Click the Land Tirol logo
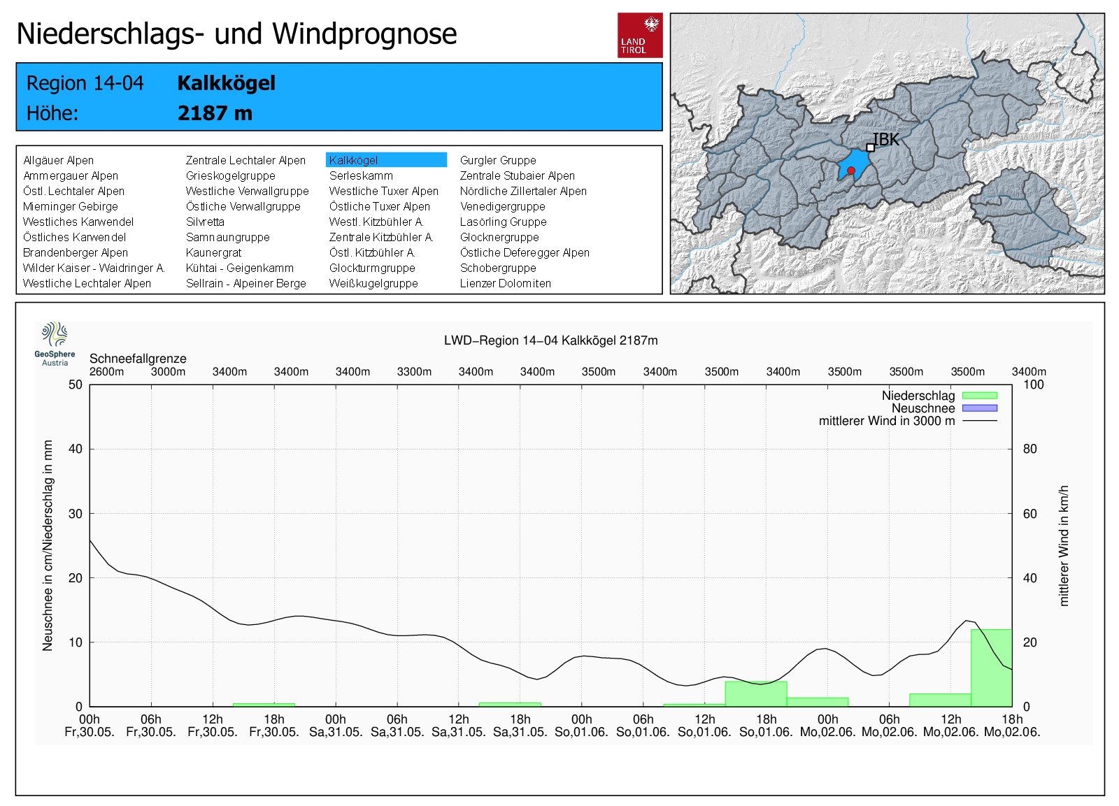tap(640, 35)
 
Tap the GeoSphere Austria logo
tap(55, 343)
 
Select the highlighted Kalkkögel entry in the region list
tap(386, 160)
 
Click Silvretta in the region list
tap(205, 222)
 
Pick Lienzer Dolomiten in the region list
tap(505, 283)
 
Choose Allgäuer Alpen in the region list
tap(58, 160)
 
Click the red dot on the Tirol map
tap(851, 171)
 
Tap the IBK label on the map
tap(886, 140)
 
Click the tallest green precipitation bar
tap(991, 668)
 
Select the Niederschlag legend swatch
tap(979, 396)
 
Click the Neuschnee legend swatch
tap(979, 408)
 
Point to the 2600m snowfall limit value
tap(106, 372)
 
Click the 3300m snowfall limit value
tap(414, 372)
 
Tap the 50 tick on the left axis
tap(76, 384)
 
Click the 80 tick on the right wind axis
tap(1029, 449)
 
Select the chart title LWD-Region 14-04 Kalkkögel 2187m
tap(550, 340)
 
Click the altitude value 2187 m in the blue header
tap(215, 113)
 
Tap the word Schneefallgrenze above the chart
tap(138, 359)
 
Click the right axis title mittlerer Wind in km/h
tap(1064, 545)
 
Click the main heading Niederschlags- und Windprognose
tap(236, 34)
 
